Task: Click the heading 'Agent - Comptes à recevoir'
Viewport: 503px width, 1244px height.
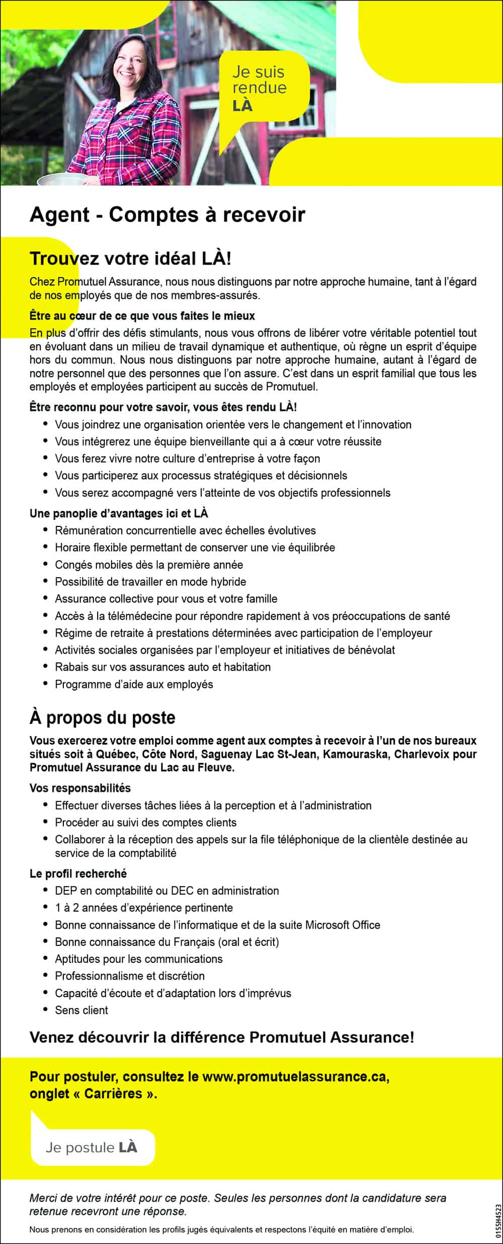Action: pos(167,215)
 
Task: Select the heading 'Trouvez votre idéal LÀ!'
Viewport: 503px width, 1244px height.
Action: pos(131,258)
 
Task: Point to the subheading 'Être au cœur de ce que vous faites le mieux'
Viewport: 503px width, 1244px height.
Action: pos(142,316)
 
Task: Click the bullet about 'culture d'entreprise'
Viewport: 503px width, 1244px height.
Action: pos(187,459)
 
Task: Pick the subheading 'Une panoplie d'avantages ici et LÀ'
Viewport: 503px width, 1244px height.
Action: pos(119,513)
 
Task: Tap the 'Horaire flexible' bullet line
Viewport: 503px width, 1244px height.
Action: pos(195,548)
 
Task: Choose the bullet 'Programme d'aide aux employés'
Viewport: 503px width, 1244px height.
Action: pos(134,684)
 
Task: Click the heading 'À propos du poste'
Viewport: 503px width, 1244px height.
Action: pos(103,718)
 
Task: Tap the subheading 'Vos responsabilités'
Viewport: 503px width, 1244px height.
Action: pos(80,788)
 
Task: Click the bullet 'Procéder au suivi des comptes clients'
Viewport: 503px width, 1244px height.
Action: pos(145,822)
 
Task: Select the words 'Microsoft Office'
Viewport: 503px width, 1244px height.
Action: pos(343,925)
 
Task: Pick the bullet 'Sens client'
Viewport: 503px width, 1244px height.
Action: pos(81,1010)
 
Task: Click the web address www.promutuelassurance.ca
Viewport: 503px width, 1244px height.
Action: pos(295,1077)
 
